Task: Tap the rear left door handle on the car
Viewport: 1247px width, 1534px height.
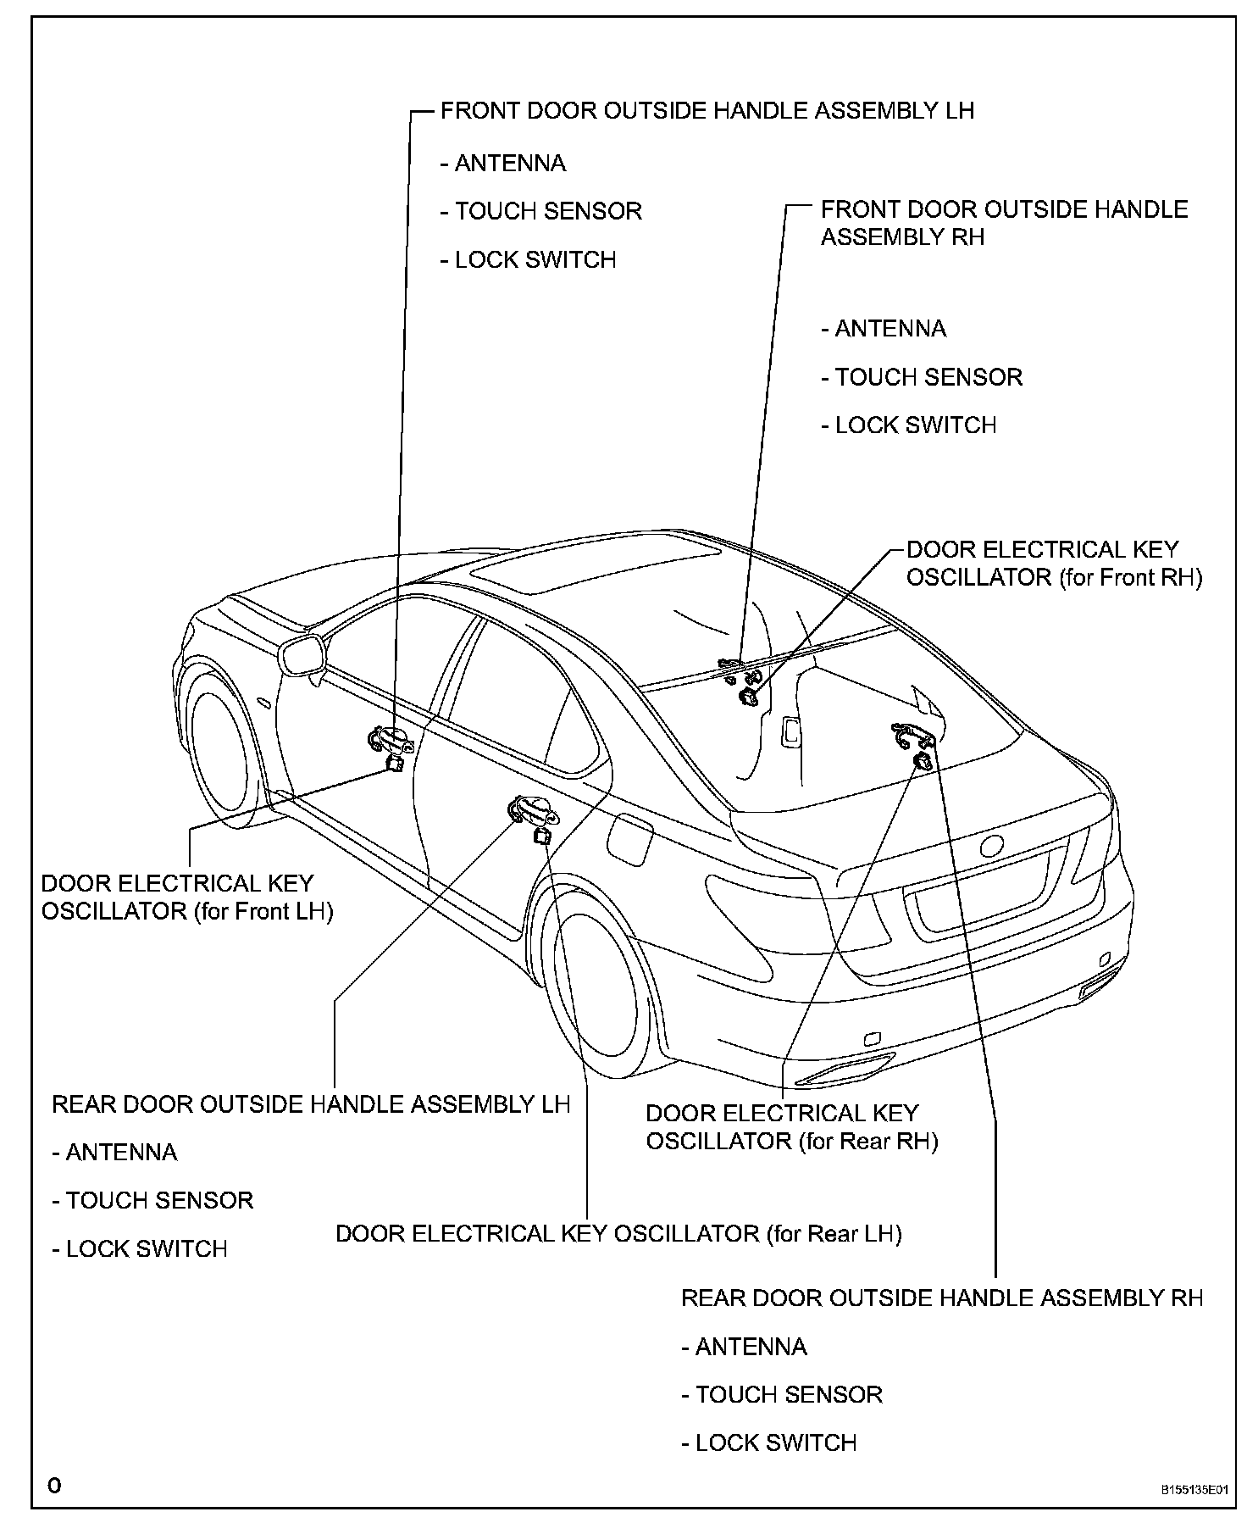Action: click(x=533, y=811)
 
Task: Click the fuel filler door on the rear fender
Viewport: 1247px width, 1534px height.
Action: click(x=629, y=838)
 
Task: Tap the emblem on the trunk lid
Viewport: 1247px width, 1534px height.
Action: click(x=990, y=846)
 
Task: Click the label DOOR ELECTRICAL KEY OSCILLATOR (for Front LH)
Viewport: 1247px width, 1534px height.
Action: click(x=186, y=898)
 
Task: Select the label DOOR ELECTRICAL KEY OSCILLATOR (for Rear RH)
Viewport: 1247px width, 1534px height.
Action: click(x=792, y=1127)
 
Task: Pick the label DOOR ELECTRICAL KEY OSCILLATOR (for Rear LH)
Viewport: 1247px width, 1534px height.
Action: click(x=618, y=1233)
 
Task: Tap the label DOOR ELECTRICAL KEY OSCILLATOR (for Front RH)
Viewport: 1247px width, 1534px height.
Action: click(x=1054, y=564)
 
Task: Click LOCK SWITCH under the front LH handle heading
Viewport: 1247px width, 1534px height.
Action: click(x=528, y=260)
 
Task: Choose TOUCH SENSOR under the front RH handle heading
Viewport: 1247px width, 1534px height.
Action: click(x=922, y=377)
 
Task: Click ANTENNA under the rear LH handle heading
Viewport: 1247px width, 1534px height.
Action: click(x=114, y=1153)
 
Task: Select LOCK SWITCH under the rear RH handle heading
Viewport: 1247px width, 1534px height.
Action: click(x=768, y=1443)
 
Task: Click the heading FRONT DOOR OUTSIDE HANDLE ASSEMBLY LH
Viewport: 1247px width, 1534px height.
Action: click(x=707, y=111)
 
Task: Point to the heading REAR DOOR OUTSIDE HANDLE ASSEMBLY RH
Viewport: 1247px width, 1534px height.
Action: click(x=942, y=1298)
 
